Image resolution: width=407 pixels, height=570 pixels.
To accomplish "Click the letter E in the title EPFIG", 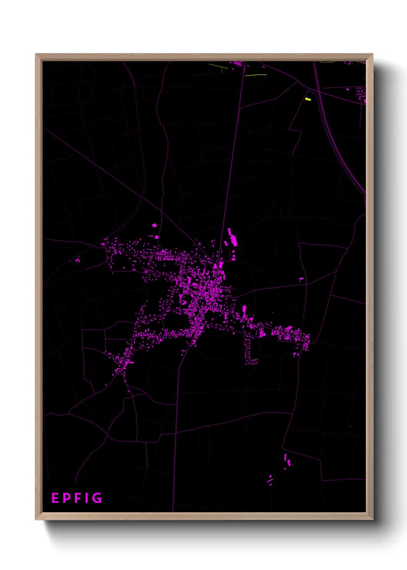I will [55, 498].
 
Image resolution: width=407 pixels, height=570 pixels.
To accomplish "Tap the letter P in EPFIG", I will [66, 498].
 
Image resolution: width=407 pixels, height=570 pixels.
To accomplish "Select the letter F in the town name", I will [77, 498].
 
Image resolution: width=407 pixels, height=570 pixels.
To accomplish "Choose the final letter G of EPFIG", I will [97, 498].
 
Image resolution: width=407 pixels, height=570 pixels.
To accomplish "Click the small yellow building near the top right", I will [308, 99].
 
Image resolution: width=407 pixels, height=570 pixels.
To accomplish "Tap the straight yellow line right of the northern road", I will [255, 75].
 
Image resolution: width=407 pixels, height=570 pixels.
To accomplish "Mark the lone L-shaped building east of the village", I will [302, 279].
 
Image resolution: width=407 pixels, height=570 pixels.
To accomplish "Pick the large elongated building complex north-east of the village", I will [232, 238].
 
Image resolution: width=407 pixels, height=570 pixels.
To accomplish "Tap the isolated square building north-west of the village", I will [155, 225].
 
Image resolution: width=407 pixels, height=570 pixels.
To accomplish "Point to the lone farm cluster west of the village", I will [78, 260].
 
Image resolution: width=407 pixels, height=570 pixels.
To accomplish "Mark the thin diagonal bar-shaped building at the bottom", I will [270, 480].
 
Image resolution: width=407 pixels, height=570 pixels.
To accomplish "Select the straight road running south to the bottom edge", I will [175, 443].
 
